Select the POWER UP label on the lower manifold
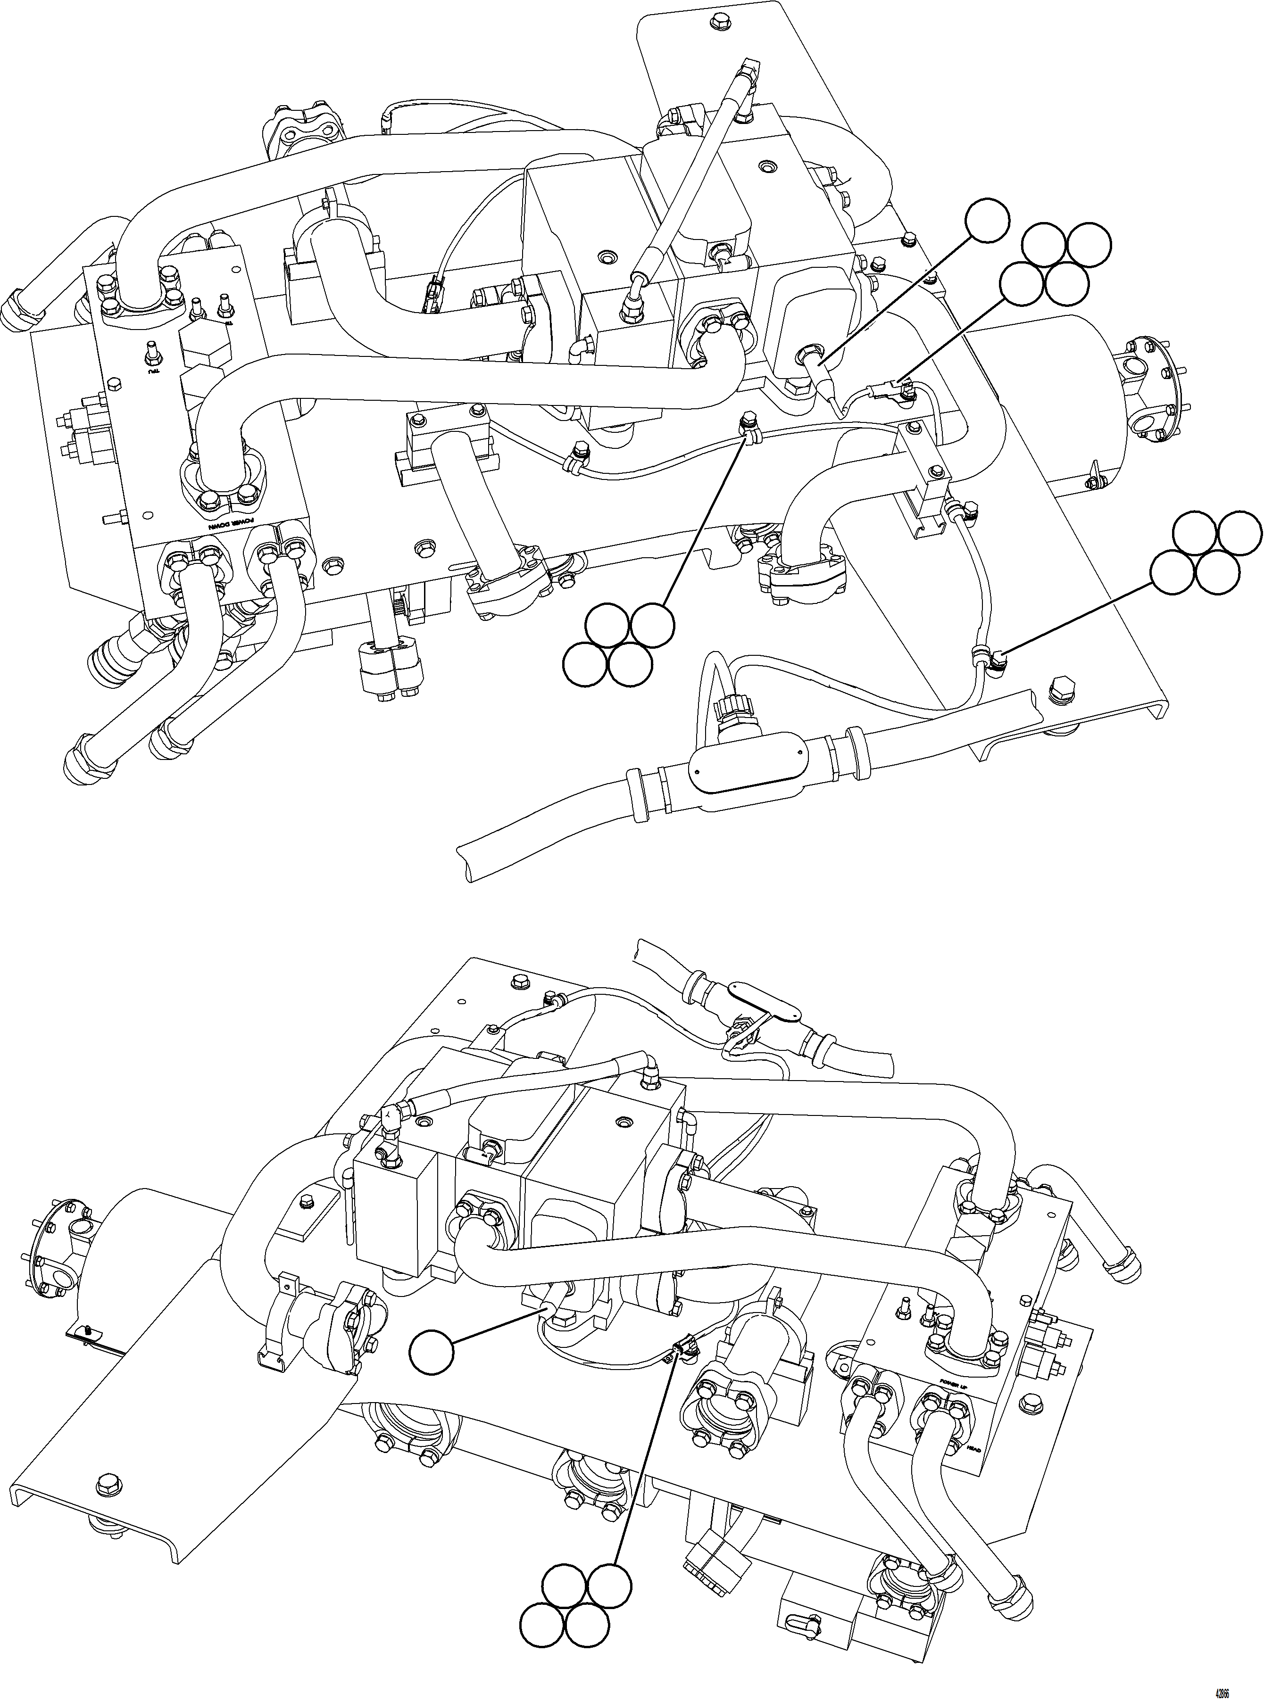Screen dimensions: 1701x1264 click(954, 1368)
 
